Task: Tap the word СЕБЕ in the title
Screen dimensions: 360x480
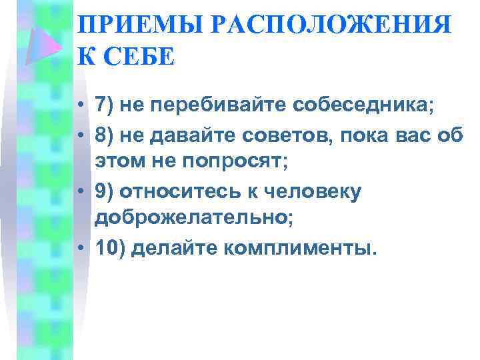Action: click(143, 57)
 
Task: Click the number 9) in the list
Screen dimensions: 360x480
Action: click(107, 192)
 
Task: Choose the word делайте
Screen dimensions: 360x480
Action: click(176, 248)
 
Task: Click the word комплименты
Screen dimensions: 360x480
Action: click(300, 248)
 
